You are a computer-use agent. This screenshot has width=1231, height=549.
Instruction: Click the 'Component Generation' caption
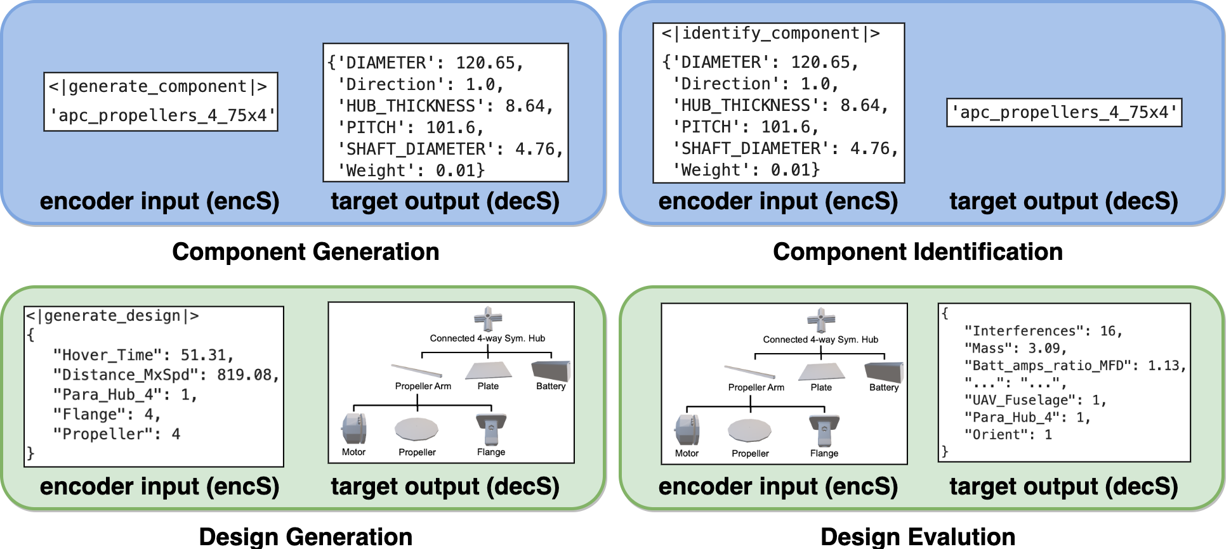click(305, 252)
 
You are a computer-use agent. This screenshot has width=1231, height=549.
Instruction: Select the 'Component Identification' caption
click(918, 252)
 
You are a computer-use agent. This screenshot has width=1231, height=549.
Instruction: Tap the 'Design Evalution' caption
click(918, 537)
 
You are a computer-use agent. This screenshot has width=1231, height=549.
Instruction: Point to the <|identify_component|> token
click(770, 33)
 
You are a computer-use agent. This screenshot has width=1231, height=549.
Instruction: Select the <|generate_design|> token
click(112, 316)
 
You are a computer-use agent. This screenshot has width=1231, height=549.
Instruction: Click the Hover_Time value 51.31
click(207, 355)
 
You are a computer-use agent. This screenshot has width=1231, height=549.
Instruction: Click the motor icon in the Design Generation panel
click(354, 429)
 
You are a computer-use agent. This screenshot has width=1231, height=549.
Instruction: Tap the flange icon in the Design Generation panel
click(491, 429)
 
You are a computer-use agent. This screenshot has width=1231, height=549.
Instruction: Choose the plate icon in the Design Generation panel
click(489, 370)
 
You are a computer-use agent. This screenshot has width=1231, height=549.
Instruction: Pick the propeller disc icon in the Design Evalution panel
click(749, 430)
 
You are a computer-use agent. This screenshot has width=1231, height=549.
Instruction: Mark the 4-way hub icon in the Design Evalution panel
click(821, 320)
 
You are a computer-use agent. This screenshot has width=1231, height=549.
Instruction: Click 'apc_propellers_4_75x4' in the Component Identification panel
click(1064, 113)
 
